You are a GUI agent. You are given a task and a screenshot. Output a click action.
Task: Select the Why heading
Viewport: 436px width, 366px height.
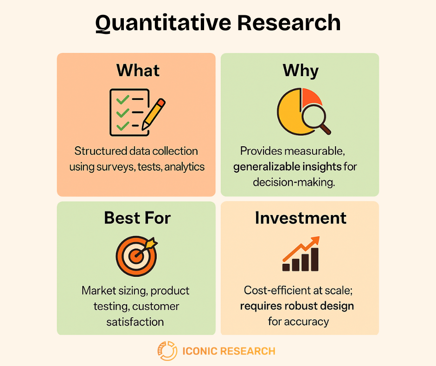point(300,71)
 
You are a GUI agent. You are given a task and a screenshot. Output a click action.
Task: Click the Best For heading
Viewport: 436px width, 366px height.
point(137,217)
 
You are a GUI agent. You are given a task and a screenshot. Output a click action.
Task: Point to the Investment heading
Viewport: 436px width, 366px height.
point(300,218)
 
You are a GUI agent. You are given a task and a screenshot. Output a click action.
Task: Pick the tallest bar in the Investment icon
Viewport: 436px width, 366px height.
point(314,259)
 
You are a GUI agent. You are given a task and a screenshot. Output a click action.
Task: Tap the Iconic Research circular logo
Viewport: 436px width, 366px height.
point(167,351)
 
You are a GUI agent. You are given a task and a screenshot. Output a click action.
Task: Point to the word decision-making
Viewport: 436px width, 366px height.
point(294,182)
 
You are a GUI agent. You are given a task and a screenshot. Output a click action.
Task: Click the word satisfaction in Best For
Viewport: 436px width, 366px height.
point(135,321)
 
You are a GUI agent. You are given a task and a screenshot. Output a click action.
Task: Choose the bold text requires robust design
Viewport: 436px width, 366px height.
point(297,306)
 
